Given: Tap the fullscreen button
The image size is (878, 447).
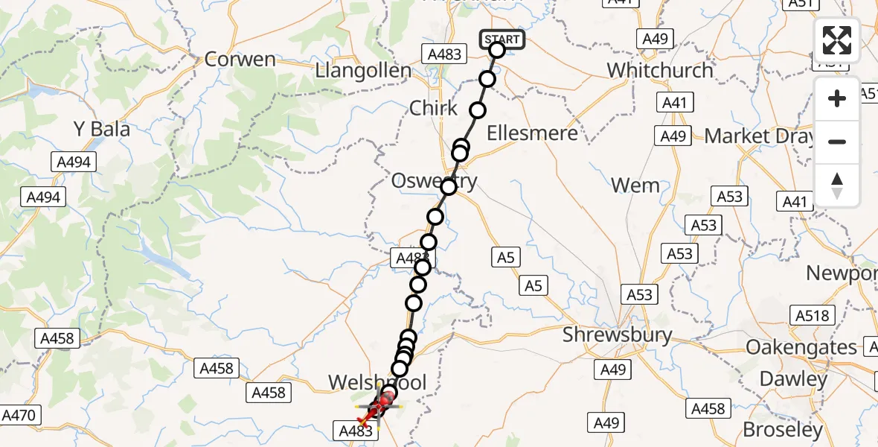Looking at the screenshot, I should tap(837, 40).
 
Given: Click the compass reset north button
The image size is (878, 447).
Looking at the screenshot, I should tap(837, 186).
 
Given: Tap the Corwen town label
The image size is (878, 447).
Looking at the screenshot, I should tap(240, 60).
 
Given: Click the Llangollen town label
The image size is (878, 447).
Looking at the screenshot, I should tap(363, 72).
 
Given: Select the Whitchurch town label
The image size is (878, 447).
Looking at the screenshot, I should tap(660, 71).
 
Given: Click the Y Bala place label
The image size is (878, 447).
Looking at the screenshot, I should tap(101, 129).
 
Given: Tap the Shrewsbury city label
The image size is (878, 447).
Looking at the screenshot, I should tap(617, 335).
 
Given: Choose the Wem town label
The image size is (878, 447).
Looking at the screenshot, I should tap(635, 185).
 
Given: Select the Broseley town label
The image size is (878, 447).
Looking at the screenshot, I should tap(783, 430).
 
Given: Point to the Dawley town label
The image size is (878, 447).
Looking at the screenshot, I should tap(793, 379).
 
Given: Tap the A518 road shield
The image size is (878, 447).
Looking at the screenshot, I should tap(812, 315).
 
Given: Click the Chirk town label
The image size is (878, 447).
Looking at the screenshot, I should tap(433, 108).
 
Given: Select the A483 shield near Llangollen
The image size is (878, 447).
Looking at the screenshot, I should tap(445, 54).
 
